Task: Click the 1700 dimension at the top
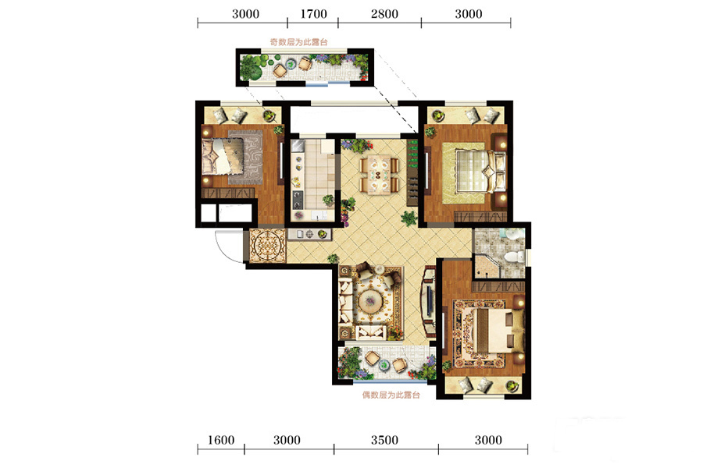click(313, 14)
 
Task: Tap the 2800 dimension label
click(384, 14)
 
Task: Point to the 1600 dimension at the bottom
click(220, 440)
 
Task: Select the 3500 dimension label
click(384, 440)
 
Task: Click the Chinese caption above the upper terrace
click(298, 42)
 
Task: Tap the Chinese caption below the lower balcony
click(391, 395)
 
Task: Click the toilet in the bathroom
click(514, 257)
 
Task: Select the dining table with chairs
click(380, 174)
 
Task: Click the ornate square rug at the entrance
click(268, 246)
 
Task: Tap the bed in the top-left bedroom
click(223, 156)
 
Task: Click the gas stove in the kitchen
click(298, 200)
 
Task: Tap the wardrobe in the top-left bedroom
click(228, 193)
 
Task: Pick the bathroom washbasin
click(511, 233)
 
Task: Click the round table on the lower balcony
click(385, 364)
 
